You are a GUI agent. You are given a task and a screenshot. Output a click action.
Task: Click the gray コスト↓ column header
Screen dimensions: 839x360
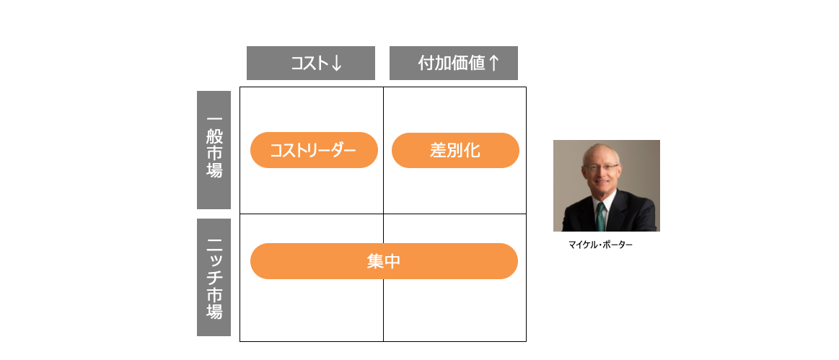310,63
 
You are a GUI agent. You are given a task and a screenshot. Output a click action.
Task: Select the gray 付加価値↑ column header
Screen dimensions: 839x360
453,63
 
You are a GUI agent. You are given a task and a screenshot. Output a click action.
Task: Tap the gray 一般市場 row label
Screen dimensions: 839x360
214,150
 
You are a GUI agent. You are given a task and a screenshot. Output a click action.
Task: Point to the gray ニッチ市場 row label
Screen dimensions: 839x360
214,277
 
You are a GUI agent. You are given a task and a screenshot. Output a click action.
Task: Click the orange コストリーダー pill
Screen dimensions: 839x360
314,150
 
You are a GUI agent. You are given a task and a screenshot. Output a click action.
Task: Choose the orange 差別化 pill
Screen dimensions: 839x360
455,150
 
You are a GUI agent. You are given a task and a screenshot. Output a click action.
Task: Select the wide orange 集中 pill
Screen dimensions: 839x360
384,261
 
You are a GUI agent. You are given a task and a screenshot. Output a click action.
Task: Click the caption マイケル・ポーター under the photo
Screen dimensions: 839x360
600,245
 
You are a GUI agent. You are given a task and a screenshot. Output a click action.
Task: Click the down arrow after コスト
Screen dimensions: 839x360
336,63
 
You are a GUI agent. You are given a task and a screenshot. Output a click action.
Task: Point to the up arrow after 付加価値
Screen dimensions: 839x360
494,63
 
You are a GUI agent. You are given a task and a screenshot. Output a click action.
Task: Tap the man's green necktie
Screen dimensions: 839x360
601,216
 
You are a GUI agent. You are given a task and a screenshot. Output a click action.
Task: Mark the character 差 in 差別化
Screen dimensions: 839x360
438,150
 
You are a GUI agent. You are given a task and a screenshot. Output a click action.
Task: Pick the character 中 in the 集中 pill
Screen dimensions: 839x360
392,261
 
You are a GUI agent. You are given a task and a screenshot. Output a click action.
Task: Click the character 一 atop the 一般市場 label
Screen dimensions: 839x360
214,119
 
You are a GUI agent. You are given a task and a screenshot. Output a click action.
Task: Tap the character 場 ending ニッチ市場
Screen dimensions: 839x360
214,312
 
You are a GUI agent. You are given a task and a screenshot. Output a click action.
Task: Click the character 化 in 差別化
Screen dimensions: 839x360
472,150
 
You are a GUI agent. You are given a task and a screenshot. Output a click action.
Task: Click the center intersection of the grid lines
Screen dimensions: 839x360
384,214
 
